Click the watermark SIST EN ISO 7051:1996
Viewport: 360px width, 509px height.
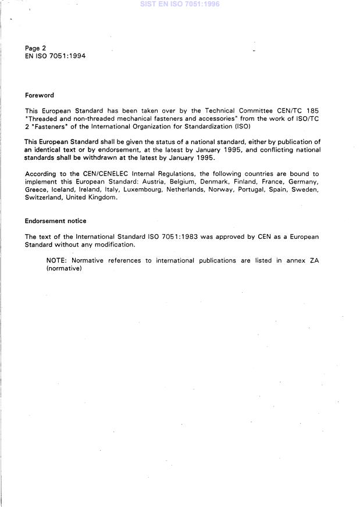180,4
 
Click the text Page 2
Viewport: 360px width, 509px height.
35,48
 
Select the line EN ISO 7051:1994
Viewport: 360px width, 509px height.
55,56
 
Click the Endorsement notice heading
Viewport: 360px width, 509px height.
56,221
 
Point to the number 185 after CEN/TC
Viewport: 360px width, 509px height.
312,110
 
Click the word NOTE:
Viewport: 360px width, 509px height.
57,260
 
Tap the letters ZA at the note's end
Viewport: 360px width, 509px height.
313,260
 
